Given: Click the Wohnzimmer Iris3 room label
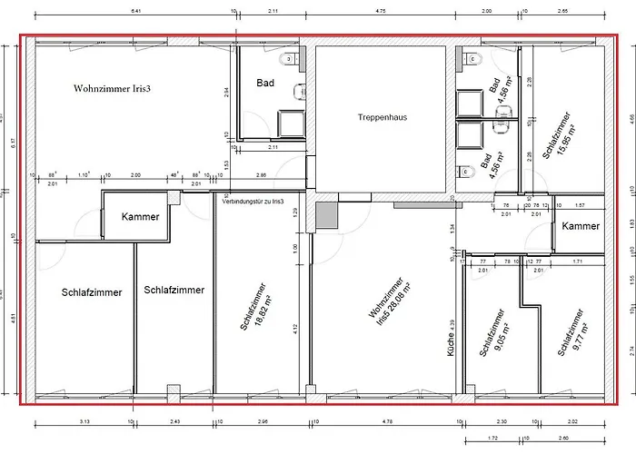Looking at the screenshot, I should click(111, 89).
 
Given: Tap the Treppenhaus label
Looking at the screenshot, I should click(380, 118).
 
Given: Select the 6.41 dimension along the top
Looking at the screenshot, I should click(136, 10).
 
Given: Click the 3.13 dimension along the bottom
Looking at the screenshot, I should click(84, 422).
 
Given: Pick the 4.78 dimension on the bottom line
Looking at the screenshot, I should click(387, 422).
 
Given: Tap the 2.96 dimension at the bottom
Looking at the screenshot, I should click(263, 422).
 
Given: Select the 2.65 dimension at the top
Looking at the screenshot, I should click(562, 10).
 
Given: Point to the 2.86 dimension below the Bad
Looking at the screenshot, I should click(261, 173).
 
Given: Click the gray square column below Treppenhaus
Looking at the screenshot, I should click(326, 214).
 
